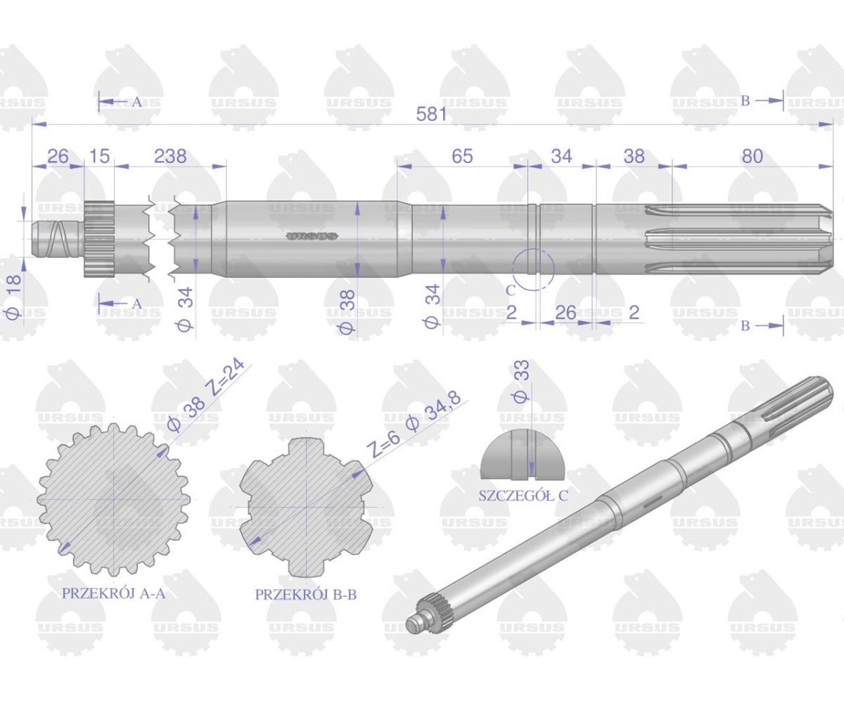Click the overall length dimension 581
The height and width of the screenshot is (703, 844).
pyautogui.click(x=431, y=115)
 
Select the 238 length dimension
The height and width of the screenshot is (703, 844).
pyautogui.click(x=170, y=156)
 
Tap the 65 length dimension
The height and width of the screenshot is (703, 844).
pyautogui.click(x=462, y=156)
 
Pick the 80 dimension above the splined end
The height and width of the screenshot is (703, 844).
pyautogui.click(x=753, y=156)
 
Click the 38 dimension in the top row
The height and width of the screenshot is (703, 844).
pyautogui.click(x=634, y=156)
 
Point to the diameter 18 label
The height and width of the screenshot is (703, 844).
pyautogui.click(x=14, y=297)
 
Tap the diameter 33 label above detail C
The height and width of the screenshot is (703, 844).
pyautogui.click(x=521, y=382)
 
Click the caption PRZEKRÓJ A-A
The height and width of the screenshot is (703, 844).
pyautogui.click(x=113, y=593)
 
